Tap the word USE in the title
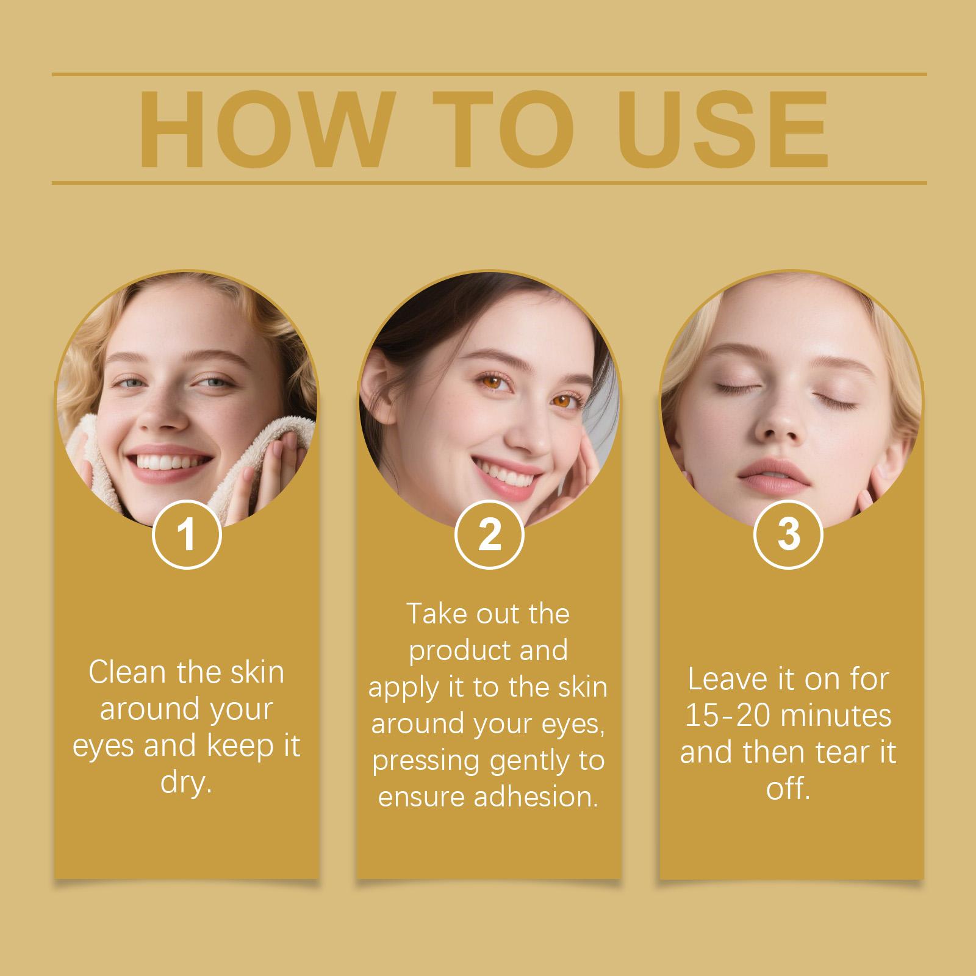pos(725,130)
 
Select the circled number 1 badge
pos(186,535)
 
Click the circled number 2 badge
pos(489,535)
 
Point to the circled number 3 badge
pos(789,535)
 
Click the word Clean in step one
pos(127,672)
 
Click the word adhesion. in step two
pos(536,797)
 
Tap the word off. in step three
pos(788,788)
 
